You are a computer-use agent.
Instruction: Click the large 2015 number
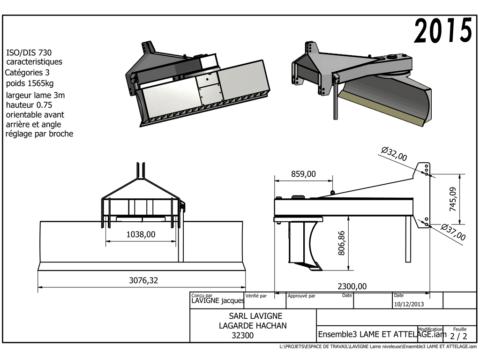[x=443, y=31]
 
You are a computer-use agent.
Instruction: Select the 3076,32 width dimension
[x=143, y=281]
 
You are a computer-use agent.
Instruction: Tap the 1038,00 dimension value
[x=141, y=234]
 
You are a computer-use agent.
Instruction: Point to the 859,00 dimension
[x=303, y=174]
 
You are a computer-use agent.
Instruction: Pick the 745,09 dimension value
[x=453, y=199]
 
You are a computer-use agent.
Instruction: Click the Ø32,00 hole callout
[x=394, y=154]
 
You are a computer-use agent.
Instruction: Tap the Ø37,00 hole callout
[x=453, y=232]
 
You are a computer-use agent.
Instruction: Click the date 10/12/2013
[x=409, y=304]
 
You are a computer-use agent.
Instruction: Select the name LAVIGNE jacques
[x=217, y=301]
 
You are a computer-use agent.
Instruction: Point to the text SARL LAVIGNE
[x=255, y=316]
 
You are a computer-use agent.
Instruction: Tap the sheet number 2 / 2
[x=458, y=336]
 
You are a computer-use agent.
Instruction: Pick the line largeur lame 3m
[x=36, y=95]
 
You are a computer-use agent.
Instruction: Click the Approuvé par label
[x=301, y=296]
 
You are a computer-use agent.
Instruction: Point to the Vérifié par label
[x=256, y=296]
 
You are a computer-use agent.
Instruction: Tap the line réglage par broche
[x=39, y=134]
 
